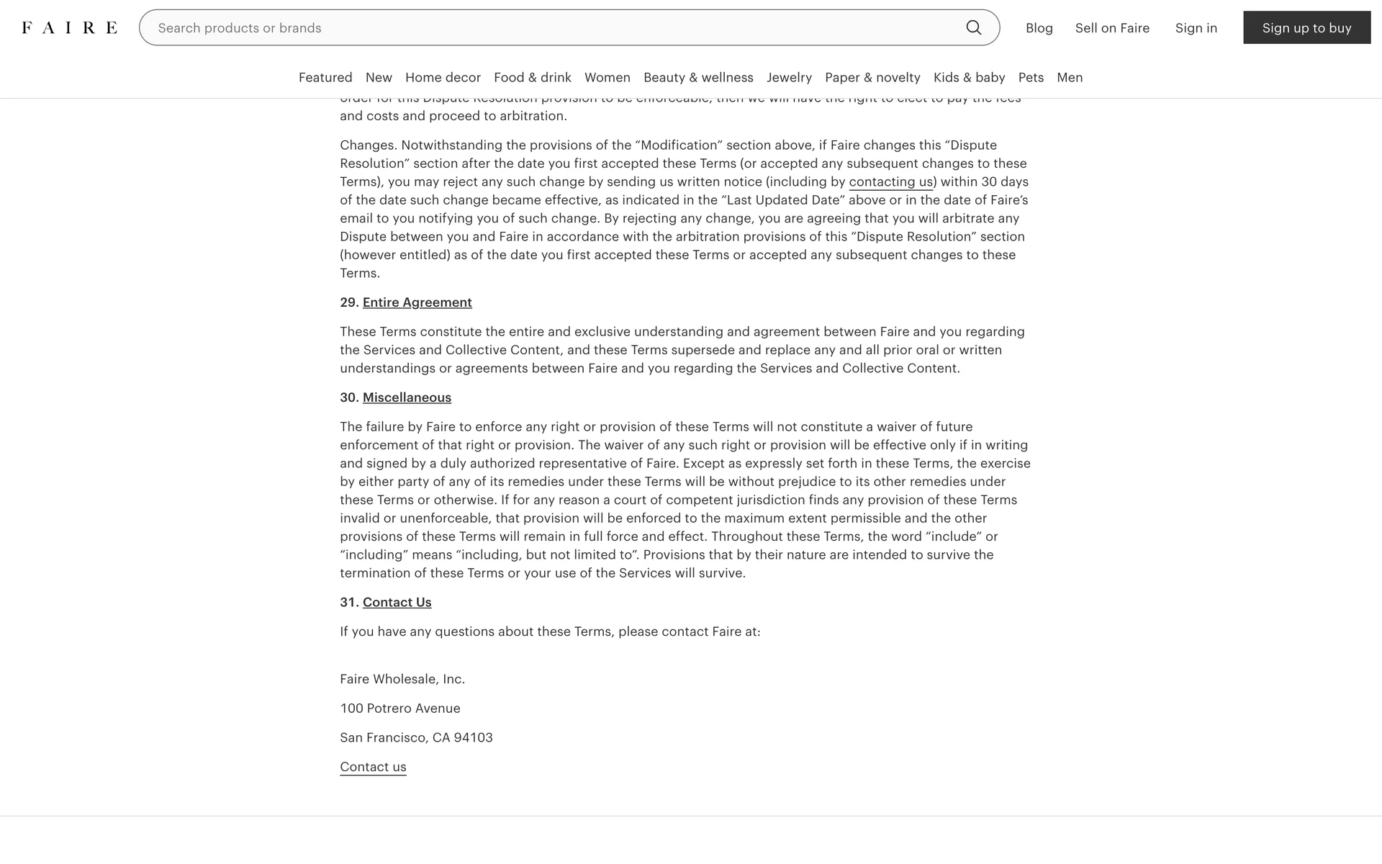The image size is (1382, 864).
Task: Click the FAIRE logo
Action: pyautogui.click(x=69, y=28)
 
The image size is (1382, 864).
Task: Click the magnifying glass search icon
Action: pyautogui.click(x=973, y=27)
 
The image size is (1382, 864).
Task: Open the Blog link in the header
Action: pyautogui.click(x=1039, y=28)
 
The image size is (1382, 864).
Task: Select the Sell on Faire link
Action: pyautogui.click(x=1112, y=28)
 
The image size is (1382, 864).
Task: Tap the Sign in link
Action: pyautogui.click(x=1196, y=28)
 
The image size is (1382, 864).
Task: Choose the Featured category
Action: pyautogui.click(x=325, y=78)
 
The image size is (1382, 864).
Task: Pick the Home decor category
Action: pyautogui.click(x=443, y=78)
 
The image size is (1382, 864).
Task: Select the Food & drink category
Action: pyautogui.click(x=532, y=78)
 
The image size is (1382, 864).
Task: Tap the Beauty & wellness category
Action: pyautogui.click(x=698, y=78)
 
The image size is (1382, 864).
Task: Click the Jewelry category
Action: pyautogui.click(x=789, y=78)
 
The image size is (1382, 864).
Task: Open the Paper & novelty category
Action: pyautogui.click(x=872, y=78)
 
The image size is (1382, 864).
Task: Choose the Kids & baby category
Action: pyautogui.click(x=969, y=78)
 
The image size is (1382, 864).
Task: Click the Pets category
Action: pyautogui.click(x=1031, y=78)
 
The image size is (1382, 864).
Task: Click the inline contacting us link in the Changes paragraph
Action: pyautogui.click(x=890, y=182)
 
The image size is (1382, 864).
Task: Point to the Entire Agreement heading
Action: pyautogui.click(x=417, y=302)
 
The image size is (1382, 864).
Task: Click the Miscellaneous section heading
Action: pyautogui.click(x=407, y=397)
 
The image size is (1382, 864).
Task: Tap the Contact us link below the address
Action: pyautogui.click(x=373, y=767)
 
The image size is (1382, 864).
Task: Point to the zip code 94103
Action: pyautogui.click(x=473, y=737)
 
